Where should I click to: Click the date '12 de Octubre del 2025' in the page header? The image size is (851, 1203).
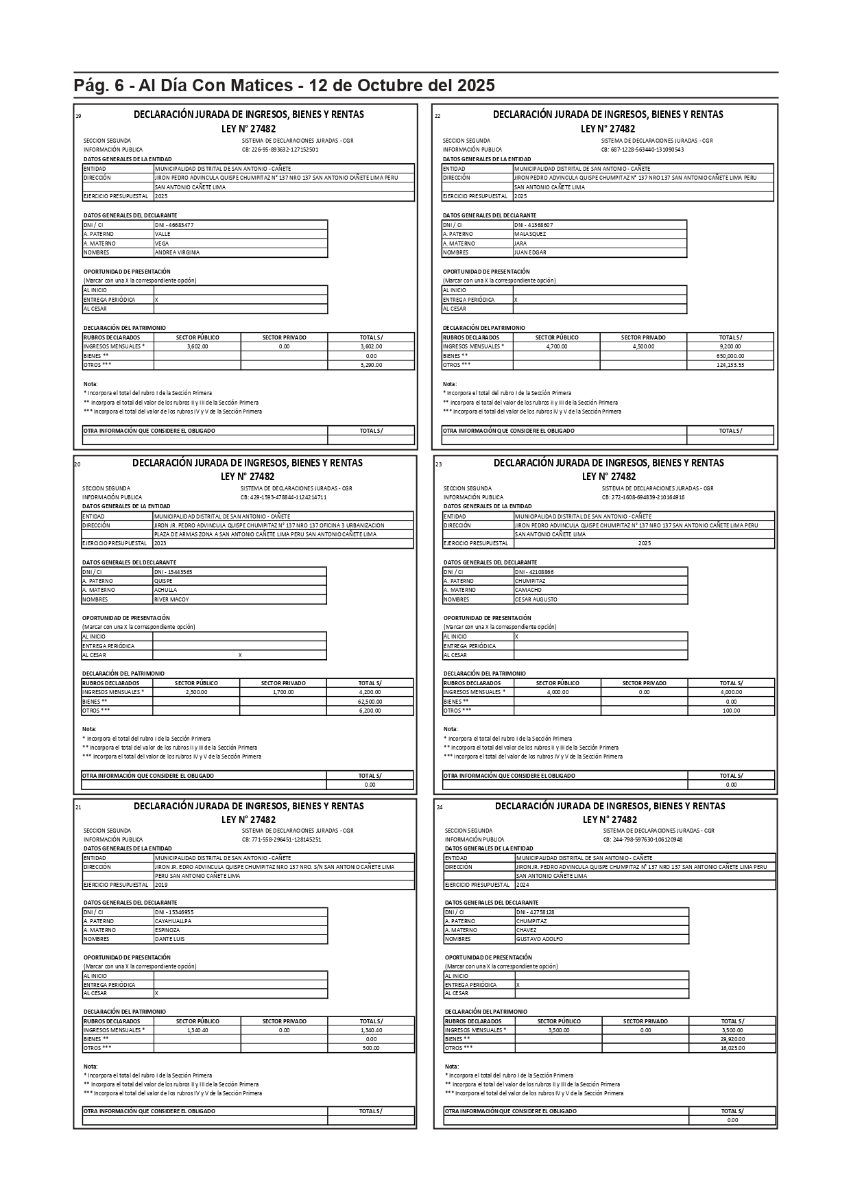402,86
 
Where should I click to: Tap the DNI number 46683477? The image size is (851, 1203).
174,225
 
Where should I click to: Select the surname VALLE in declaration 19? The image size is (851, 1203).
163,234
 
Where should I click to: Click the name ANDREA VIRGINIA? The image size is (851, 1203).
177,252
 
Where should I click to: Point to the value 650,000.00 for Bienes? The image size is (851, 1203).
730,356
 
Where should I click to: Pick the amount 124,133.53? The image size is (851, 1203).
730,365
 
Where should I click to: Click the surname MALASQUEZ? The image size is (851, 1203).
530,234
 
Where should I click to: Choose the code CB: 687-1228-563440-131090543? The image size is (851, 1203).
642,150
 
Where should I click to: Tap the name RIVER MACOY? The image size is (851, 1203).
171,599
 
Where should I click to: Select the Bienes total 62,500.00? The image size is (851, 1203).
370,702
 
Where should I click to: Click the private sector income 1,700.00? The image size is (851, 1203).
283,692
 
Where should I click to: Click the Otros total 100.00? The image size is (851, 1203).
731,711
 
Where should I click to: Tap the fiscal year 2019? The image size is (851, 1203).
161,885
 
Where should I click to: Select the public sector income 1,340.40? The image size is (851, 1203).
197,1030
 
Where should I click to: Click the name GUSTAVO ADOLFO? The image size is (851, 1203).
539,939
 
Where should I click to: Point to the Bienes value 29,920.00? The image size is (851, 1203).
732,1039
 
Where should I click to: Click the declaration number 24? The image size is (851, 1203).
440,807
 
